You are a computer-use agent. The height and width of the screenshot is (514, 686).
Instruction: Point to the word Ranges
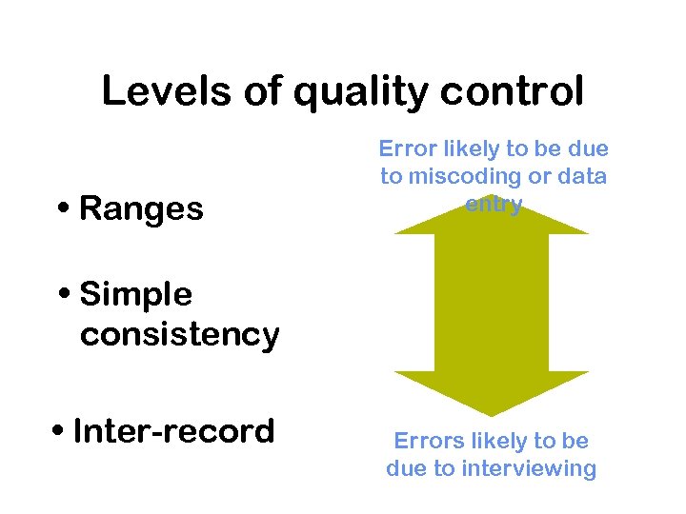click(141, 208)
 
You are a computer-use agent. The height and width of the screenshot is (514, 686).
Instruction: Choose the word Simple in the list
click(135, 295)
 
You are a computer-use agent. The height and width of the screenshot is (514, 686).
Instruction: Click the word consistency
click(179, 335)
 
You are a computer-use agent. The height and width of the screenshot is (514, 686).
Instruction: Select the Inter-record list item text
click(173, 431)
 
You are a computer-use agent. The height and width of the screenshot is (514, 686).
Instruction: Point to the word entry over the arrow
click(493, 204)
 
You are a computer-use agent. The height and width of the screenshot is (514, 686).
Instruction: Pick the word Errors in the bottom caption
click(424, 441)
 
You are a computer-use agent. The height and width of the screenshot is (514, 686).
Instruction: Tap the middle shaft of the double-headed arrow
click(492, 303)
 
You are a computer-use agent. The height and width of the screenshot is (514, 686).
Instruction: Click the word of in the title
click(270, 92)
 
